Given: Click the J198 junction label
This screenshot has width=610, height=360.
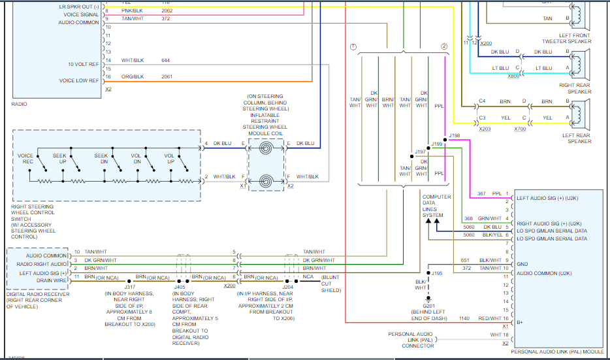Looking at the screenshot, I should (455, 135).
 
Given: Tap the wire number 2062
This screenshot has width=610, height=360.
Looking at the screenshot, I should (167, 10).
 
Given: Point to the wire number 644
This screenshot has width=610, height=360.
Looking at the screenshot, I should (165, 61).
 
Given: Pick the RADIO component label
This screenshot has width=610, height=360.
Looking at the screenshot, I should (20, 104).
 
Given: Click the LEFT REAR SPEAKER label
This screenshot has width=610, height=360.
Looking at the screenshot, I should (575, 138).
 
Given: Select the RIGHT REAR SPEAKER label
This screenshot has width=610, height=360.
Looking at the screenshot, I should (575, 88).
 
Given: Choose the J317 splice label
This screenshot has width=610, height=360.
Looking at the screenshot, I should (129, 286).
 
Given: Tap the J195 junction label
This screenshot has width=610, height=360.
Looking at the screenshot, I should (436, 273).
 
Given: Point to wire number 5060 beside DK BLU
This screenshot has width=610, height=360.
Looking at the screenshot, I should (469, 227).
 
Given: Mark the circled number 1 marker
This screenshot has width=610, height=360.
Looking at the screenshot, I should (353, 47).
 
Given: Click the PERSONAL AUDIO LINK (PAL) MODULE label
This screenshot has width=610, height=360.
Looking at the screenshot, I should (559, 352).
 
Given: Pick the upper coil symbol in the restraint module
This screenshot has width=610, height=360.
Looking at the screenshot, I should (266, 149).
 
